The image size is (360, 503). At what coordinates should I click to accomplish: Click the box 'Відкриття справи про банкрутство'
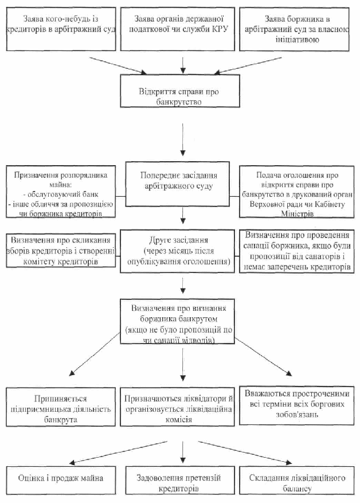[x=180, y=91]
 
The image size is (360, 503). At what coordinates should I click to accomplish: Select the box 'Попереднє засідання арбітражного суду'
[x=177, y=184]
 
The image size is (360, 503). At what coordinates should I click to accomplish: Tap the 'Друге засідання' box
[x=177, y=251]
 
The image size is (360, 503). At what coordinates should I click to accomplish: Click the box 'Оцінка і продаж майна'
[x=61, y=480]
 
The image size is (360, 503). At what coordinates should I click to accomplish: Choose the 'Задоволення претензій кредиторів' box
[x=178, y=480]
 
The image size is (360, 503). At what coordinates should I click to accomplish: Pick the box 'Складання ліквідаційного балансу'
[x=297, y=480]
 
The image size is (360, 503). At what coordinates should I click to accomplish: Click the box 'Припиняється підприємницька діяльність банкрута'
[x=61, y=407]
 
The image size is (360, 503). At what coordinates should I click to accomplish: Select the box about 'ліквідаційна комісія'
[x=177, y=407]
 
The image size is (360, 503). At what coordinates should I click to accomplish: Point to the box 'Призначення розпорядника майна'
[x=61, y=192]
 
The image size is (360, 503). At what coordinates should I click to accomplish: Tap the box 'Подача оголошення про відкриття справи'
[x=297, y=192]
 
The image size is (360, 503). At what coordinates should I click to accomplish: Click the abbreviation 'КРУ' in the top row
[x=220, y=29]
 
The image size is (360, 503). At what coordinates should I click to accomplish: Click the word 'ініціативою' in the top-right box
[x=297, y=40]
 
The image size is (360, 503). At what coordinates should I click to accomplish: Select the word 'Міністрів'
[x=297, y=213]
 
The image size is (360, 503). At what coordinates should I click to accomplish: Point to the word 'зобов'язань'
[x=297, y=414]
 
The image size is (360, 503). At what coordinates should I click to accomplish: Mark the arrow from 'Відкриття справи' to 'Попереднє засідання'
[x=183, y=139]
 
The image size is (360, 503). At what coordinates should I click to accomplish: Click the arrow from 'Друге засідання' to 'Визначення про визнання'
[x=183, y=286]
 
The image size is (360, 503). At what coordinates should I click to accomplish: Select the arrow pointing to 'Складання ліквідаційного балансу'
[x=245, y=453]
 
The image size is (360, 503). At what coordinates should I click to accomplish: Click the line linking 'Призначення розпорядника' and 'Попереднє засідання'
[x=120, y=196]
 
